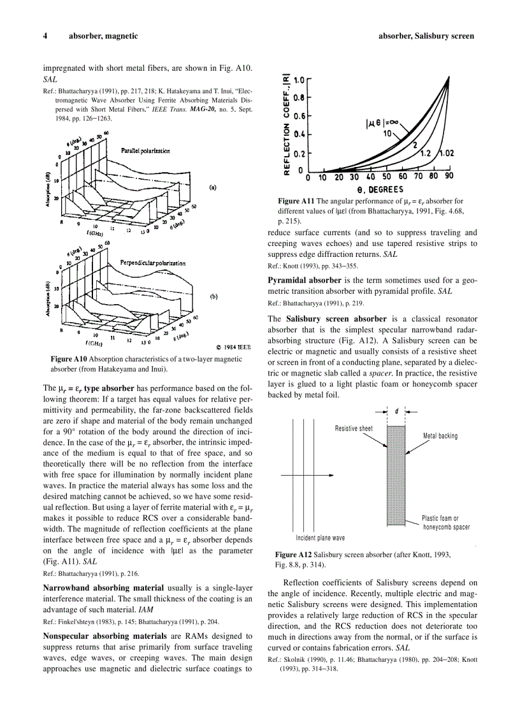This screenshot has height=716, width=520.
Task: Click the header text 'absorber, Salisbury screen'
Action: [426, 36]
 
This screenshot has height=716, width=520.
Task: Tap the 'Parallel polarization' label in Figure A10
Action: [145, 151]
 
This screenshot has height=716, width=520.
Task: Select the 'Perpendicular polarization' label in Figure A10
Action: [153, 263]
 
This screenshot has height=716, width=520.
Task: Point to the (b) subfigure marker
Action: [213, 296]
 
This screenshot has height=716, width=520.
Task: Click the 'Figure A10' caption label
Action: [69, 359]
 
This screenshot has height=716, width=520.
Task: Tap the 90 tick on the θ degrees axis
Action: [449, 177]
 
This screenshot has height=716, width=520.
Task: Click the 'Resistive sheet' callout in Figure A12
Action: [354, 428]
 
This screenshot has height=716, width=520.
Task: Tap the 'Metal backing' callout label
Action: [440, 436]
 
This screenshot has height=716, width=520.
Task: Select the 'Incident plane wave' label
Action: [320, 537]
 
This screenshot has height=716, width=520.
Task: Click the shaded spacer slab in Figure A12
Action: [396, 475]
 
